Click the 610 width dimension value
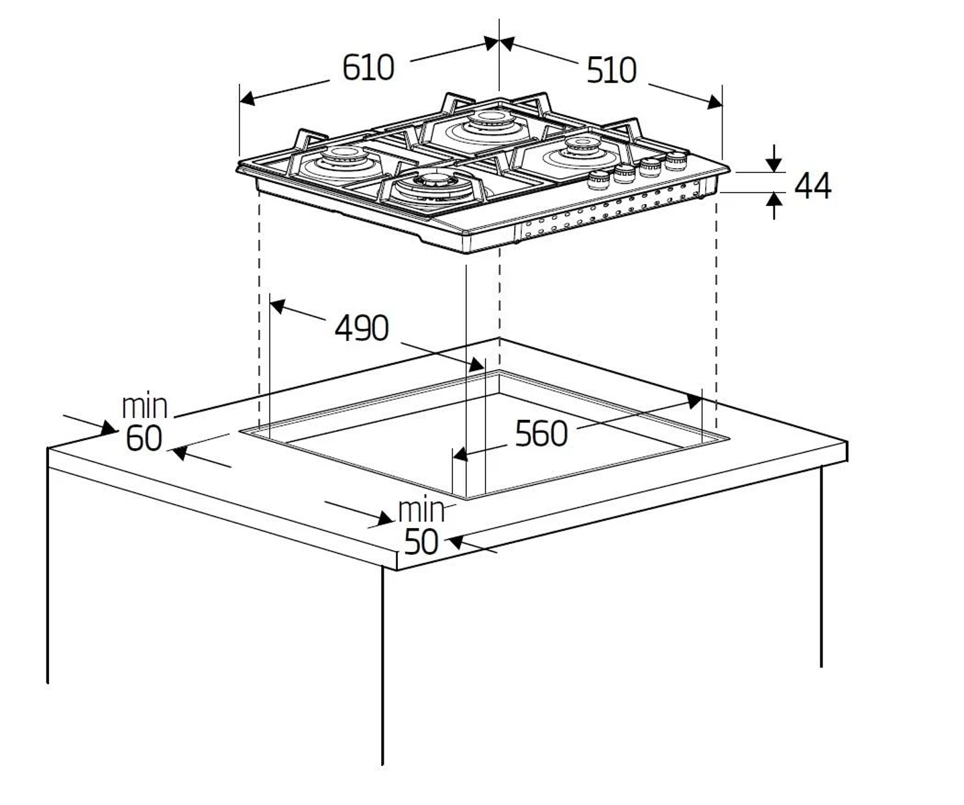pos(368,67)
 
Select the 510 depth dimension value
pos(611,70)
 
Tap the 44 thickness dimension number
pos(812,186)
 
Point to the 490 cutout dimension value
pos(362,328)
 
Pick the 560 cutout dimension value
pos(541,433)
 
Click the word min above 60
pos(144,407)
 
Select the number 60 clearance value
pos(144,438)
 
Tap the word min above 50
pos(421,510)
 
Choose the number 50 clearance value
pos(421,541)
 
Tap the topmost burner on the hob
pos(492,123)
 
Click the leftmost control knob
pos(598,179)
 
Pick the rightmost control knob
pos(676,160)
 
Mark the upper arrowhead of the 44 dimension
pos(775,164)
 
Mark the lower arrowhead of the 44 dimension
pos(775,199)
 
